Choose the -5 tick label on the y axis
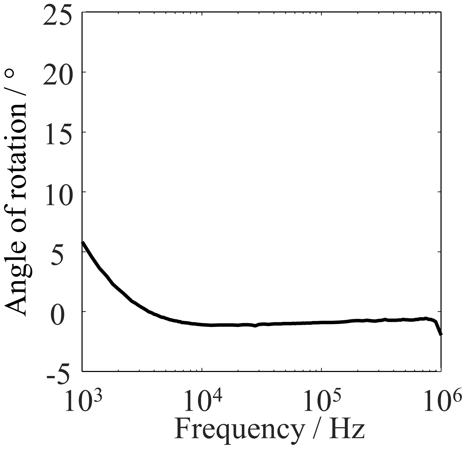point(59,376)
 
